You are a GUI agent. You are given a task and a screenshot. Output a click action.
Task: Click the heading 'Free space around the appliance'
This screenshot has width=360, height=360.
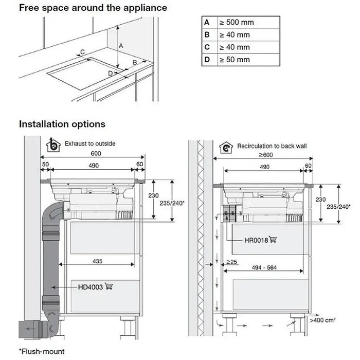93,8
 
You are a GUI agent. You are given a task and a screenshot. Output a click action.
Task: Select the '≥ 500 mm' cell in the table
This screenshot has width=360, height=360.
236,23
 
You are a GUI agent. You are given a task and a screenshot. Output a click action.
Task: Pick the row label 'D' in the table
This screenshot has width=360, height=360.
207,60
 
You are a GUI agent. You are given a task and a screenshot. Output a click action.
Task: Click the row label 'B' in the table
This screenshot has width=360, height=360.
207,35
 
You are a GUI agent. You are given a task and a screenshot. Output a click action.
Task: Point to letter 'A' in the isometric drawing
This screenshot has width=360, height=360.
121,46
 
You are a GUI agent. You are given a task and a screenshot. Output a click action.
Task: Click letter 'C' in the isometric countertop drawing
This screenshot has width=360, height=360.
82,52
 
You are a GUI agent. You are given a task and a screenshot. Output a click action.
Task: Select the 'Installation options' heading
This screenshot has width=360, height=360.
62,124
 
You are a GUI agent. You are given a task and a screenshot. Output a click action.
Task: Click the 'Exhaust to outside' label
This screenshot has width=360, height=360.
90,143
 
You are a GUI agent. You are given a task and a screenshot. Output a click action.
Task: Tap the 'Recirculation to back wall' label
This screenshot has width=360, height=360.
272,147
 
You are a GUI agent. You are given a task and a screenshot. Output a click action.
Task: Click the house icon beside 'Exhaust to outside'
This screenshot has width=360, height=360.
52,144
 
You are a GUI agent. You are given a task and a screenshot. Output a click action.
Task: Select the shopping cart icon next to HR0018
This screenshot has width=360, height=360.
273,239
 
